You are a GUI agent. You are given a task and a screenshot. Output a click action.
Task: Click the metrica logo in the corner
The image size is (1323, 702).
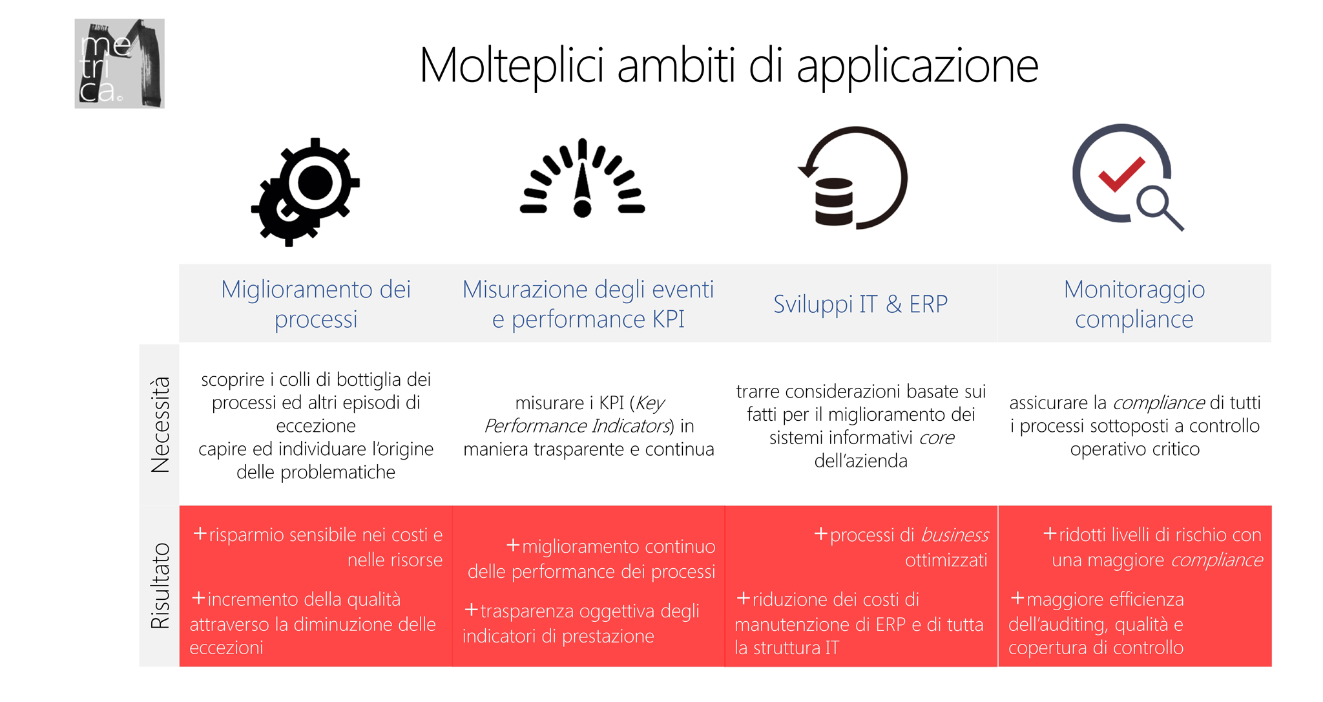[120, 63]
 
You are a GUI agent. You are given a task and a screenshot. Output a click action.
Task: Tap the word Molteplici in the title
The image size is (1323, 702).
[512, 67]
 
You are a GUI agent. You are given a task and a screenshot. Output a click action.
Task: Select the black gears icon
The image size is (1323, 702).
[305, 192]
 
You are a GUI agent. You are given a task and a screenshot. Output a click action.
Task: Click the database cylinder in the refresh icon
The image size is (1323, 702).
[834, 202]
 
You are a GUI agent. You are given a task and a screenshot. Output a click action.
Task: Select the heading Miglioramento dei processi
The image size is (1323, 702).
[316, 304]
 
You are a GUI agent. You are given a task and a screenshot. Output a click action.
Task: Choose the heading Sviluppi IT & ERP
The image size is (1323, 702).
[860, 304]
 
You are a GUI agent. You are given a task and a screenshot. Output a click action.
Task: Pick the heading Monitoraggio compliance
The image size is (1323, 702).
[1134, 304]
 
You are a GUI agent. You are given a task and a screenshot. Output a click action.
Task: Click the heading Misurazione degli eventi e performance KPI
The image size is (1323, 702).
[589, 304]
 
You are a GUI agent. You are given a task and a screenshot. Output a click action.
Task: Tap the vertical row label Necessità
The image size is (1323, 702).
[160, 424]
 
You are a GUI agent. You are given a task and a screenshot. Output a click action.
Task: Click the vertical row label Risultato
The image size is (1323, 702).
[160, 586]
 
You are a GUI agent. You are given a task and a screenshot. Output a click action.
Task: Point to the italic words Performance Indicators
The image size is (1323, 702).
[577, 426]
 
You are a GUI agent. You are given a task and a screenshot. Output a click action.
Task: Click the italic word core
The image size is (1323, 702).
[937, 438]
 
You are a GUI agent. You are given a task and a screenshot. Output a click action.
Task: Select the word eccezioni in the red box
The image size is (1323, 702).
[227, 648]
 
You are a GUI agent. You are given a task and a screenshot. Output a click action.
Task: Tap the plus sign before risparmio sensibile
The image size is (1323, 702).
[200, 534]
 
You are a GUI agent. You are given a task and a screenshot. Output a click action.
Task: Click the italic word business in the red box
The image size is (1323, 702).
[955, 535]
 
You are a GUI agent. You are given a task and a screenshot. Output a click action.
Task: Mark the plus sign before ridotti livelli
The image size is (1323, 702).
[1050, 534]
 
